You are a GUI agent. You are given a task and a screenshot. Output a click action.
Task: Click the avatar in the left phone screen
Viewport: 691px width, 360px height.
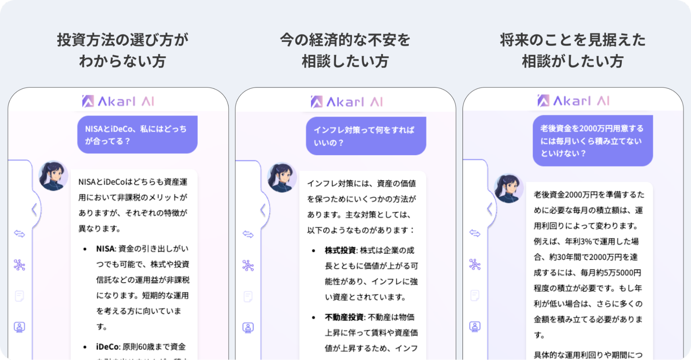click(53, 176)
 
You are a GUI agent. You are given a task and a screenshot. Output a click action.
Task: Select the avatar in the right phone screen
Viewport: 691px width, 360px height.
click(508, 188)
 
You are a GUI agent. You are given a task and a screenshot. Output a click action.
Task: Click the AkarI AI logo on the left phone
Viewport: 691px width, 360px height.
click(118, 101)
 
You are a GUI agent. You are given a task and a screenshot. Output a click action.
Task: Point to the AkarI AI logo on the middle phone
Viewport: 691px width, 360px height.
click(347, 102)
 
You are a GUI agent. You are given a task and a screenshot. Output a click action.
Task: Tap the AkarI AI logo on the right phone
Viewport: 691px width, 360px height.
click(573, 101)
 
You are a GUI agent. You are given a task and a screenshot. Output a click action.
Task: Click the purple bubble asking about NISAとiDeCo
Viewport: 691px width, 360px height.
click(137, 135)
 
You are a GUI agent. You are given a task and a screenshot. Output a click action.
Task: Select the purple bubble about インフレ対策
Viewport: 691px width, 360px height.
click(366, 136)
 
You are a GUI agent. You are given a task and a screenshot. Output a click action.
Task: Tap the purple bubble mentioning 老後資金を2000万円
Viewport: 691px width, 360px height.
click(592, 140)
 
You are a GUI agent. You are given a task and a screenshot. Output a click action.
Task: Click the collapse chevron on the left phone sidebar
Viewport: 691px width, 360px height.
click(34, 210)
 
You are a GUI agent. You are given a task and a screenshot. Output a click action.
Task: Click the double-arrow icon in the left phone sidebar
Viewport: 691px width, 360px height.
click(19, 234)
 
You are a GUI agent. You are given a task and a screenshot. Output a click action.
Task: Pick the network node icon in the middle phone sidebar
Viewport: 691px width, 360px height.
click(248, 265)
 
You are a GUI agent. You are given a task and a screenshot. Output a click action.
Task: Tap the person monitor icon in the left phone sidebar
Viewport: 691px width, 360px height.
click(19, 327)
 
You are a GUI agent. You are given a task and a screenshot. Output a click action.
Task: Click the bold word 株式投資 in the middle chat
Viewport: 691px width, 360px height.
click(340, 250)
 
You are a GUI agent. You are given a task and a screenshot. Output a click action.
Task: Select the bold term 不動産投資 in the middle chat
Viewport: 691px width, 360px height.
click(344, 317)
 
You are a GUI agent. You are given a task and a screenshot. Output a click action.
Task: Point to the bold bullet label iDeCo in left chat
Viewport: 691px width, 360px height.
click(108, 347)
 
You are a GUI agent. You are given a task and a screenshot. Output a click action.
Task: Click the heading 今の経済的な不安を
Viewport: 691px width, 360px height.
click(345, 40)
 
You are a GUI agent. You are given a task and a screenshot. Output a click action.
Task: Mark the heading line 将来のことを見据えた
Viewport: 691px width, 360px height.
click(572, 40)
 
